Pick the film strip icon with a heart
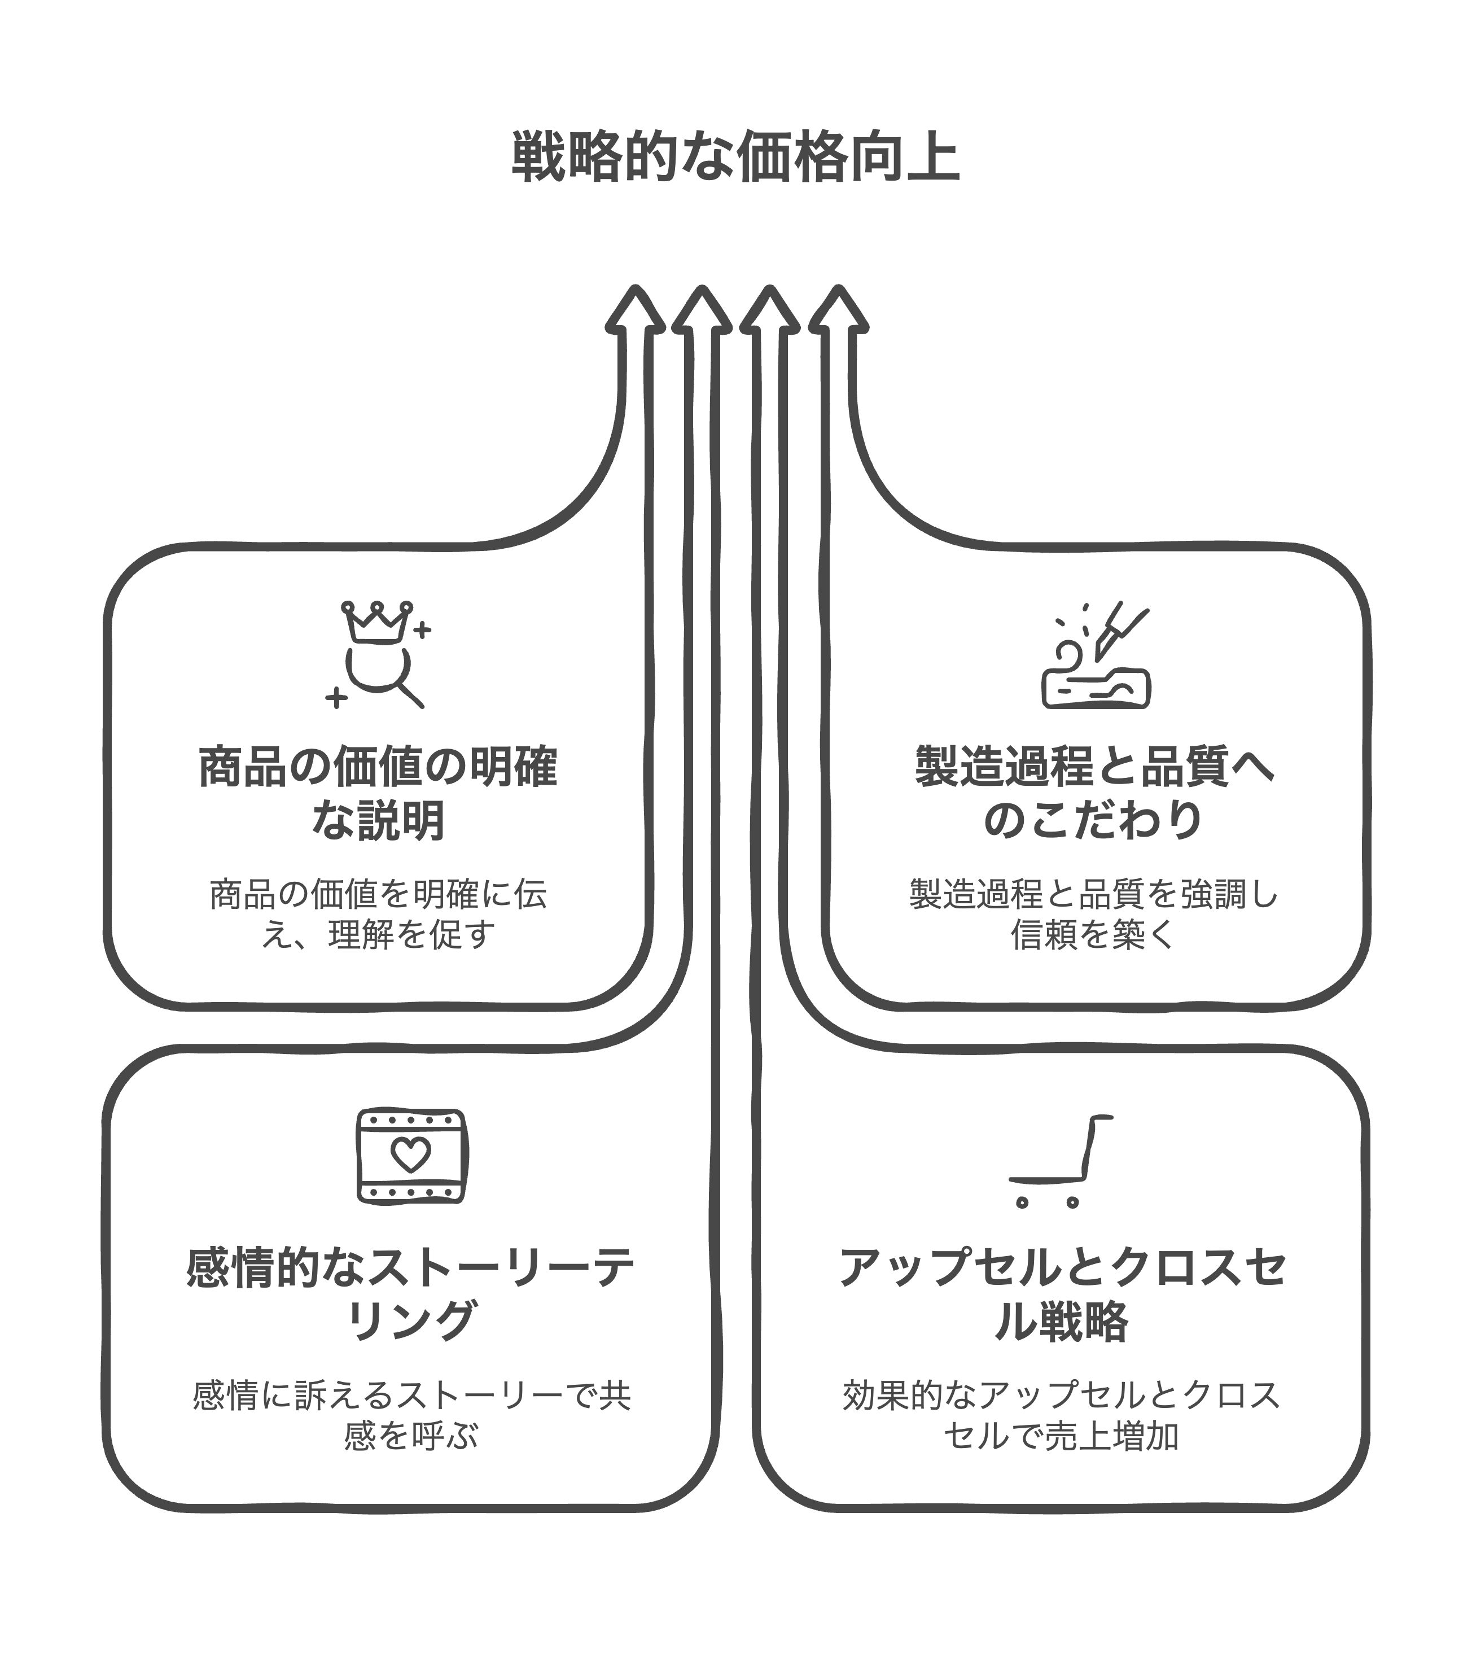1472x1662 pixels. pyautogui.click(x=411, y=1156)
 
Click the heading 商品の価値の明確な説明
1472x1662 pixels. pyautogui.click(x=378, y=793)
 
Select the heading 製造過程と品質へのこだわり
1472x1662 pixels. pyautogui.click(x=1094, y=793)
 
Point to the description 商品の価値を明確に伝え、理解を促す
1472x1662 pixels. pyautogui.click(x=378, y=915)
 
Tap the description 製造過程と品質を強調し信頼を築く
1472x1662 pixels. pyautogui.click(x=1094, y=915)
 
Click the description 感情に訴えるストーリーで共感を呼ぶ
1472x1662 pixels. pyautogui.click(x=410, y=1416)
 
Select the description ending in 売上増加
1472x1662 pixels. pyautogui.click(x=1062, y=1416)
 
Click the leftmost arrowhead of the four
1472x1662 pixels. pyautogui.click(x=636, y=313)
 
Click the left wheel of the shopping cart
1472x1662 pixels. pyautogui.click(x=1022, y=1202)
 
